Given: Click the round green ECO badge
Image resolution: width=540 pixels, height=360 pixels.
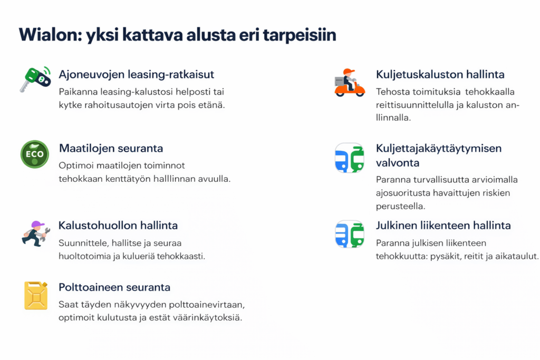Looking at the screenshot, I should click(x=35, y=154).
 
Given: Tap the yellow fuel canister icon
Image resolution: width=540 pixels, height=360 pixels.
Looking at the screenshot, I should click(x=35, y=295).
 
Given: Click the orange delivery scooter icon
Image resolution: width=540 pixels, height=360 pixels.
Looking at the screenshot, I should click(x=349, y=83).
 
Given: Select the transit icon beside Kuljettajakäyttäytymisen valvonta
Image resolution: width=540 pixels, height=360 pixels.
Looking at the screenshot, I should click(x=349, y=158).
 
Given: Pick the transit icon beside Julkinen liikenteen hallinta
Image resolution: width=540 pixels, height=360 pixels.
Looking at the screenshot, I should click(x=349, y=234).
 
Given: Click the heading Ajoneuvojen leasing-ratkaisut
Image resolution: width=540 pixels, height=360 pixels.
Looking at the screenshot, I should click(x=136, y=74).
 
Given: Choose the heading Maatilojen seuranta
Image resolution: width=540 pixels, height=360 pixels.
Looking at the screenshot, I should click(x=111, y=148).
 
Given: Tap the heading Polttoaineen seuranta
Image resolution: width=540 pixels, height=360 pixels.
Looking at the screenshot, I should click(x=114, y=287).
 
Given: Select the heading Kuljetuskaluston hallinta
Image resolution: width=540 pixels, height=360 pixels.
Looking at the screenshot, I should click(x=440, y=74).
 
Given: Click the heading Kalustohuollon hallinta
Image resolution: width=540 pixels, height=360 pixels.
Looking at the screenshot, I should click(x=118, y=226).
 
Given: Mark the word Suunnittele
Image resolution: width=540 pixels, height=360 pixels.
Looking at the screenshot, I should click(x=83, y=243).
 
